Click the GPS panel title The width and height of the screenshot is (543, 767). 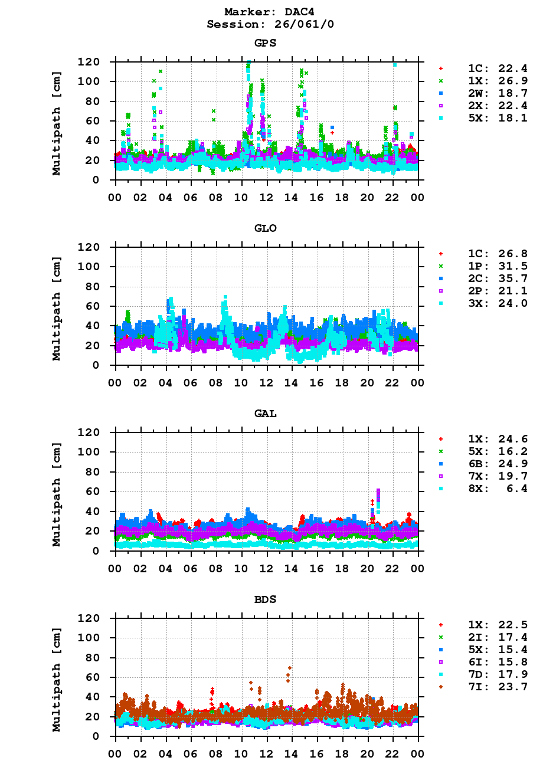tap(266, 43)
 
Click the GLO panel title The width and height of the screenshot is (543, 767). tap(266, 228)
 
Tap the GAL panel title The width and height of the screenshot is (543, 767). tap(266, 414)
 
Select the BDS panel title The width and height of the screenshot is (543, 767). tap(266, 599)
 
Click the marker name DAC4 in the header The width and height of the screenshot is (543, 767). tap(290, 12)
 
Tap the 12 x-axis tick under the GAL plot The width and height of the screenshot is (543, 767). tap(267, 568)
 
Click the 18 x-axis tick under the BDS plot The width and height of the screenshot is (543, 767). tap(342, 753)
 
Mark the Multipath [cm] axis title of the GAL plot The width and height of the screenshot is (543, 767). tap(57, 491)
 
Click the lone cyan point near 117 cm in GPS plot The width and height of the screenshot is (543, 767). tap(395, 65)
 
